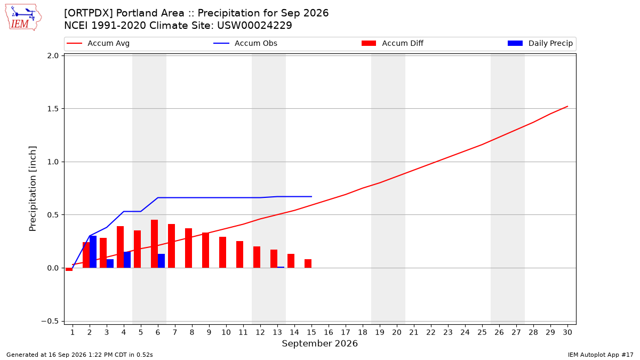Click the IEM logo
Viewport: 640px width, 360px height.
pos(23,18)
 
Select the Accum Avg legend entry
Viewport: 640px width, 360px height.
pos(98,43)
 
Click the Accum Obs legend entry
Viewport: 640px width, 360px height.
pos(245,43)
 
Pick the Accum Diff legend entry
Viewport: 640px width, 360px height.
pos(393,43)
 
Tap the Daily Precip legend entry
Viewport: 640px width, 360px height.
pos(540,43)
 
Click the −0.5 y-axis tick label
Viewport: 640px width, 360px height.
pos(50,322)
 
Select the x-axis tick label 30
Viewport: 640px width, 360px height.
pos(567,332)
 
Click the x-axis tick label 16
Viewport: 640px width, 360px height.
pos(329,332)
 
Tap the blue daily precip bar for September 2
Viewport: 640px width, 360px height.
pos(93,252)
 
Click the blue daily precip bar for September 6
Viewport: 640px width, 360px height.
pos(162,261)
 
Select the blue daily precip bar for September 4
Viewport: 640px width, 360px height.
pos(127,260)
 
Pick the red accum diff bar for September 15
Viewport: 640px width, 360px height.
pos(308,263)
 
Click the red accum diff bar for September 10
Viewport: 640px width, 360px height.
pos(222,252)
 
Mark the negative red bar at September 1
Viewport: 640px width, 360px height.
pos(69,269)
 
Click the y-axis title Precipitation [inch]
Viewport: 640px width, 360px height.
pos(33,189)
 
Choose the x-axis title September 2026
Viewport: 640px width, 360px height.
pos(319,343)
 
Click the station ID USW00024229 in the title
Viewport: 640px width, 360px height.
pos(254,26)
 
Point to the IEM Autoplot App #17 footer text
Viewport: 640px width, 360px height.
pos(601,355)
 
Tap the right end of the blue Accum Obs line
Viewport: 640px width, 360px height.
pos(311,197)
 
